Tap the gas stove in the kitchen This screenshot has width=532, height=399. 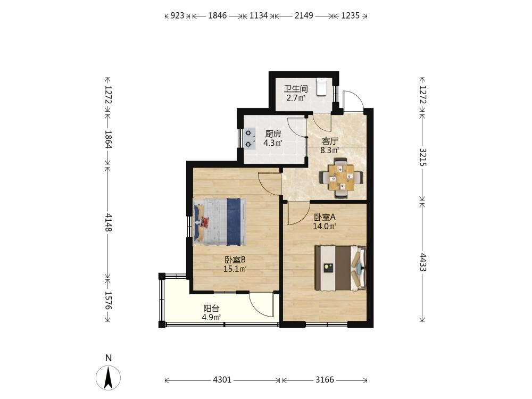click(x=250, y=138)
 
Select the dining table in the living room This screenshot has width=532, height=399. click(x=342, y=177)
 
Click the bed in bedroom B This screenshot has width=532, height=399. click(x=220, y=221)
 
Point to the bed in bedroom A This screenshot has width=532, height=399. click(x=340, y=268)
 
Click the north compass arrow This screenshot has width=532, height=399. click(x=108, y=378)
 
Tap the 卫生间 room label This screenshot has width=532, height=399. click(x=296, y=89)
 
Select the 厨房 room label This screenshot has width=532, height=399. click(x=273, y=134)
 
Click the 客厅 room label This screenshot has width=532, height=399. click(x=330, y=141)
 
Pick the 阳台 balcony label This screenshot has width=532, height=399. click(x=211, y=309)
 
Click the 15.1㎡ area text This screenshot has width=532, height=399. click(x=235, y=269)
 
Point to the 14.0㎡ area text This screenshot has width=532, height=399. click(x=325, y=226)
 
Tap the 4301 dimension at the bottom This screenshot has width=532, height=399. click(x=222, y=380)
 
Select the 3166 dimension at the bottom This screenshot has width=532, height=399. click(x=325, y=380)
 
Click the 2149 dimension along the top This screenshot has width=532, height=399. click(x=304, y=15)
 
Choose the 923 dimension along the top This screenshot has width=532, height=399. click(x=177, y=15)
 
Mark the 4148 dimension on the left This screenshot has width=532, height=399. click(x=108, y=222)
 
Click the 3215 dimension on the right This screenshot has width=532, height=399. click(x=423, y=157)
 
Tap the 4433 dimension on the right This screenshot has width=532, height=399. click(x=423, y=262)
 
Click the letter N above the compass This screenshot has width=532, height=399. click(x=108, y=358)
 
